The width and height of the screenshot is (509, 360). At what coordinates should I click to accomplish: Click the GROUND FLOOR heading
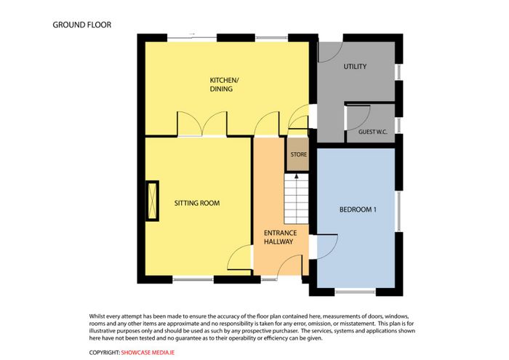coord(81,25)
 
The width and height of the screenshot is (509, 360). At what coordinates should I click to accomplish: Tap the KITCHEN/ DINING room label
coord(224,84)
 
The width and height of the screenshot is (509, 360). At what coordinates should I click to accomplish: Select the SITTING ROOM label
coord(197,203)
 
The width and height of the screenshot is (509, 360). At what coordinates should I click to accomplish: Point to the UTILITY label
coord(355,67)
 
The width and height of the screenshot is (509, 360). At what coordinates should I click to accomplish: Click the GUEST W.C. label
coord(372,132)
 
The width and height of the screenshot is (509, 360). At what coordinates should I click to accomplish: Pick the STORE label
coord(299,154)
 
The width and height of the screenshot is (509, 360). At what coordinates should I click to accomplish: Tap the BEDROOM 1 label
coord(358,209)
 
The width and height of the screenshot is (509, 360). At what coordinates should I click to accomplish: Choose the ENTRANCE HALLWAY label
coord(280,237)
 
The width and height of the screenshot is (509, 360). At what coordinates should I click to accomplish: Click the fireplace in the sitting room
coord(152,201)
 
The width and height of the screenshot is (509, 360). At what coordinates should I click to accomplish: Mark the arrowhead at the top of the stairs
coord(296,176)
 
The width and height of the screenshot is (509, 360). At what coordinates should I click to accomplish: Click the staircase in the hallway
coord(296,199)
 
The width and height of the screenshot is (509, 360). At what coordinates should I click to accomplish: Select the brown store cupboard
coord(297,154)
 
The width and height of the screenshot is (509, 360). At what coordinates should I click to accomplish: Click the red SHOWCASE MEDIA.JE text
coord(148,353)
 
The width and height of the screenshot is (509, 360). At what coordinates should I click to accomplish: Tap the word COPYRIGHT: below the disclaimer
coord(105,353)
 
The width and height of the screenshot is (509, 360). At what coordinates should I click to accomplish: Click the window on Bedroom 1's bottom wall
coord(355,292)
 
